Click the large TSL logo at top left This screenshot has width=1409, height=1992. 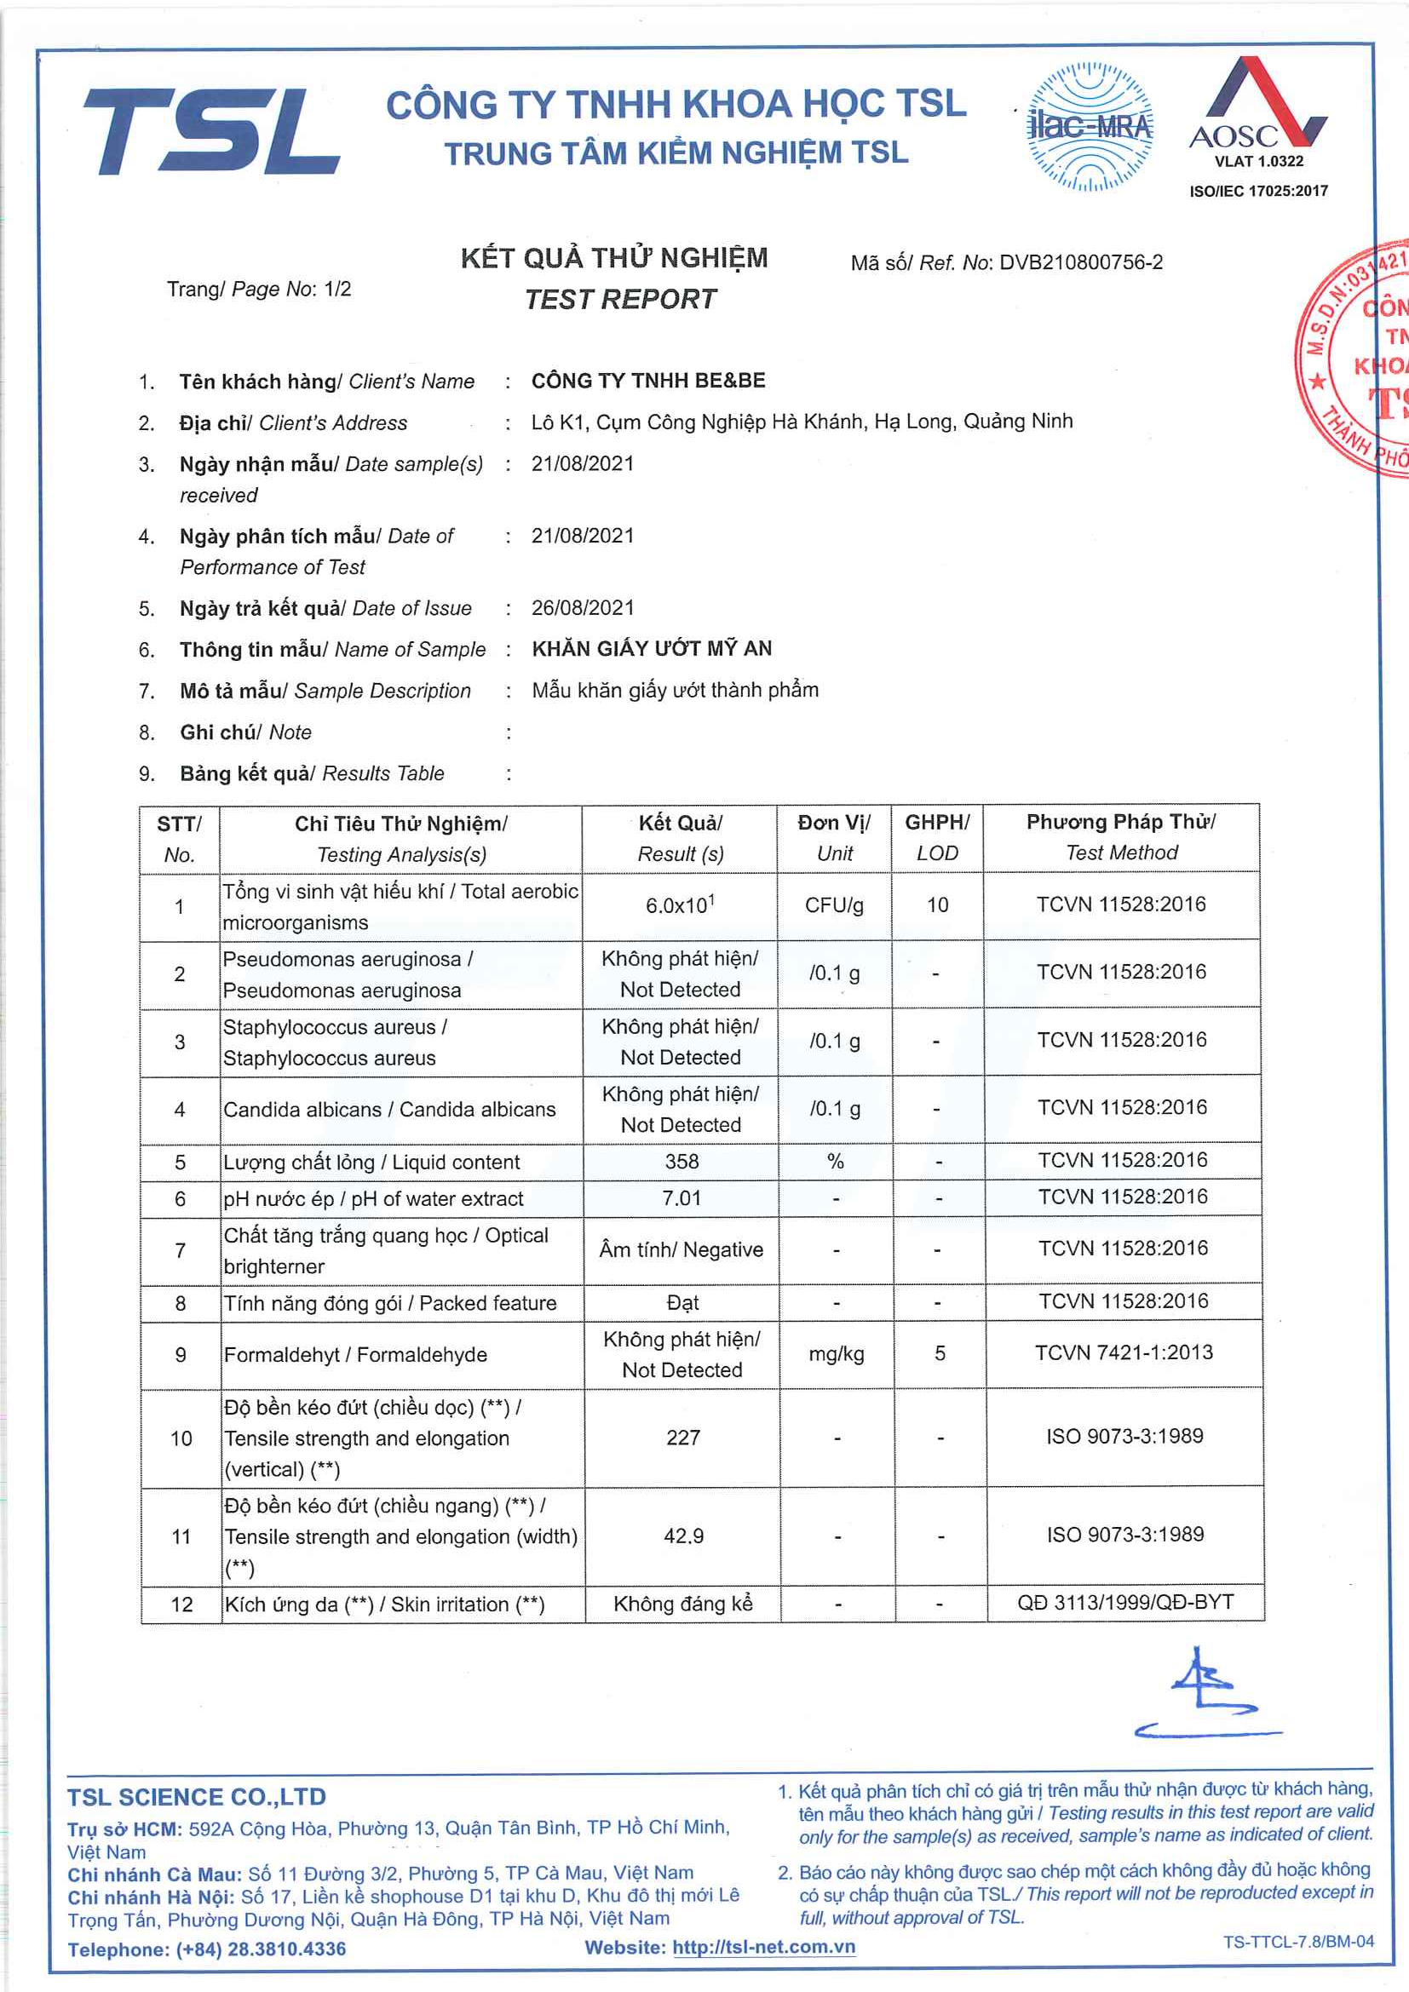coord(210,131)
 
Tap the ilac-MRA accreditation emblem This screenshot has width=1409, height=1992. coord(1090,127)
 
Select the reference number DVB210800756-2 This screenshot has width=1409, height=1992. coord(1080,263)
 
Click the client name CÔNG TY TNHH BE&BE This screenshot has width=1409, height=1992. coord(648,381)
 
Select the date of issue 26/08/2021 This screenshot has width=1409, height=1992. coord(582,608)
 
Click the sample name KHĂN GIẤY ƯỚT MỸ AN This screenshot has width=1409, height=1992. coord(652,649)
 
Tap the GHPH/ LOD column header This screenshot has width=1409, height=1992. coord(937,837)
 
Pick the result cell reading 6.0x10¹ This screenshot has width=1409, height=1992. coord(680,905)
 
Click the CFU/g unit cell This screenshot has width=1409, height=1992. coord(834,905)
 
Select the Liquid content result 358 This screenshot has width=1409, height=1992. coord(682,1162)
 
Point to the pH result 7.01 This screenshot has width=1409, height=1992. coord(681,1198)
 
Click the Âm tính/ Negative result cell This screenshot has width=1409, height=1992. coord(681,1249)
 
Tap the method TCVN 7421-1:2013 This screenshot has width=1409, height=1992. coord(1124,1352)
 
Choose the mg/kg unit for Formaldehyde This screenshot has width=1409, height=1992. coord(837,1353)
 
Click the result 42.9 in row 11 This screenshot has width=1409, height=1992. coord(684,1536)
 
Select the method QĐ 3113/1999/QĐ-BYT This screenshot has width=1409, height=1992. coord(1125,1603)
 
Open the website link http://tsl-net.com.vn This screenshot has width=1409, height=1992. coord(763,1947)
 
